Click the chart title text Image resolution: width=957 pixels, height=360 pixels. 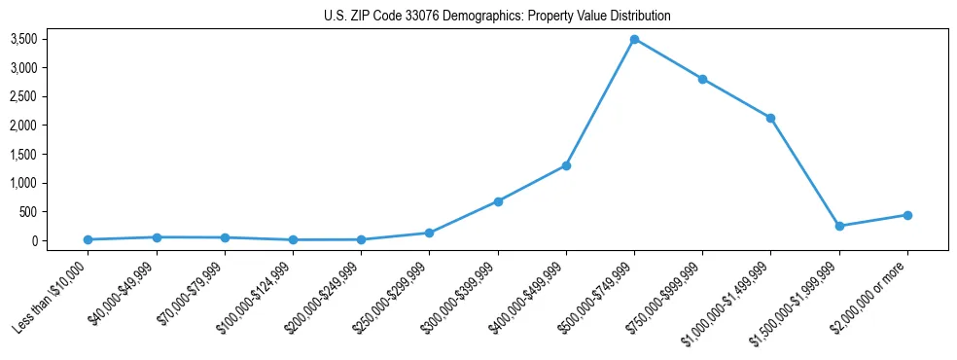click(497, 16)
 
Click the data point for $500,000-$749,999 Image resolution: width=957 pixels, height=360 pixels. click(634, 39)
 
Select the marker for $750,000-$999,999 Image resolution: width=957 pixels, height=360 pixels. click(702, 79)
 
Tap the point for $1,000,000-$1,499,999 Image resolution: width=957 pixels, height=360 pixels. click(770, 118)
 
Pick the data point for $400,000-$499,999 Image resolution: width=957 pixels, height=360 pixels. click(566, 165)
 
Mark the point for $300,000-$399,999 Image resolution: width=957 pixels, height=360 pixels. click(498, 201)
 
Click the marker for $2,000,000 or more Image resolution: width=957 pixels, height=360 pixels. click(906, 215)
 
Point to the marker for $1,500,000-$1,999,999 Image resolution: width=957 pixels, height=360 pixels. click(838, 226)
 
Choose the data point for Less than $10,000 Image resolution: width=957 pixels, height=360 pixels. click(89, 239)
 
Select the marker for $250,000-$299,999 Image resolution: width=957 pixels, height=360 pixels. click(429, 233)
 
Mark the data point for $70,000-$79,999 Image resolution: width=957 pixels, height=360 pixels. click(225, 237)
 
